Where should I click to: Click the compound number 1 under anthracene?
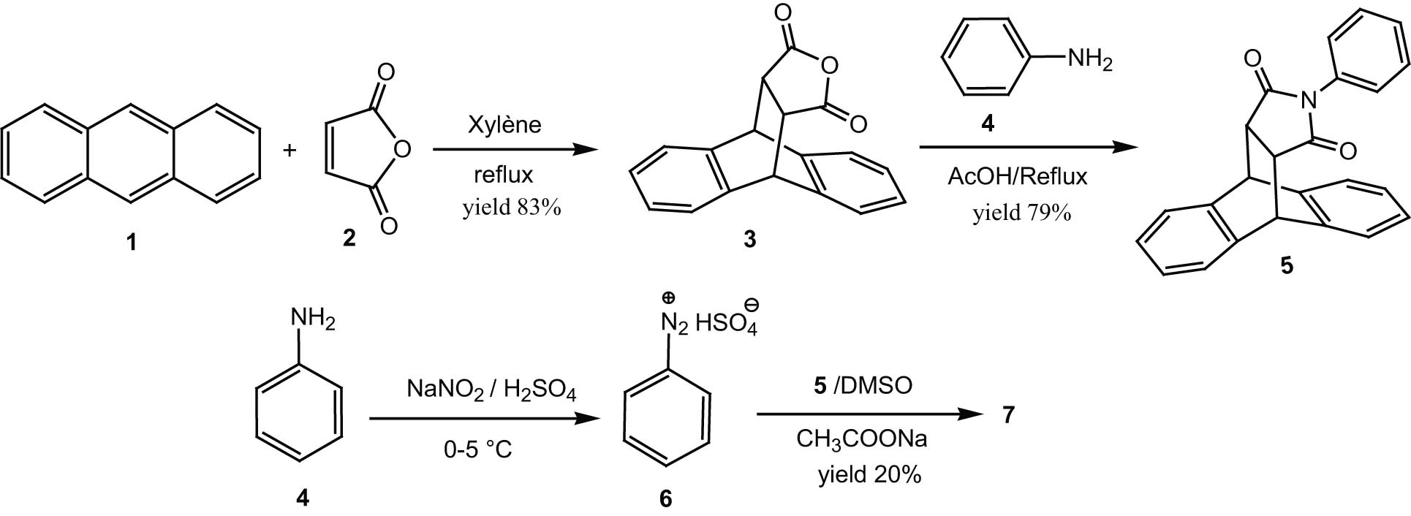(x=132, y=241)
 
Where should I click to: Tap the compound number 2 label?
(x=349, y=238)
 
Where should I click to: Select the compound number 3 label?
(x=750, y=238)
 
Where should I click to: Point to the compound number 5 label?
(x=1286, y=265)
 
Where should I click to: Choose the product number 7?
(x=1009, y=414)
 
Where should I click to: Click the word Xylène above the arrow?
(x=504, y=124)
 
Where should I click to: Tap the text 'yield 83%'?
(x=511, y=208)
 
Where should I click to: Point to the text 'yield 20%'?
(x=870, y=475)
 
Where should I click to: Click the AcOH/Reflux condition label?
(x=1017, y=176)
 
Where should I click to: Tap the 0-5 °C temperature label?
(x=477, y=449)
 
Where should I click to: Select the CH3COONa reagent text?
(x=862, y=439)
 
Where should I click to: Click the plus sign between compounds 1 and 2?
(x=290, y=151)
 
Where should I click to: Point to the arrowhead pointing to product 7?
(x=975, y=414)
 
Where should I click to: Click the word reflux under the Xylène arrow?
(x=504, y=176)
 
